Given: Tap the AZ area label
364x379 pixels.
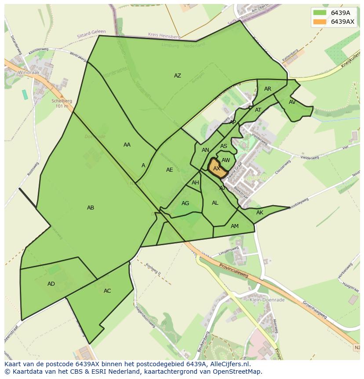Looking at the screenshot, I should [177, 76].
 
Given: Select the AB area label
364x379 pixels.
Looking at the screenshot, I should [91, 208].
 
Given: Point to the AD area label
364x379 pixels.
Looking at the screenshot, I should [51, 284].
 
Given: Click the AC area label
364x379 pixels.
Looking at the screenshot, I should [107, 291].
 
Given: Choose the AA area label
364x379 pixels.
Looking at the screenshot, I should [127, 145].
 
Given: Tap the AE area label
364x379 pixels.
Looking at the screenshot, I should [170, 170].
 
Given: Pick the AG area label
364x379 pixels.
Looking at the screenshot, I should [185, 203].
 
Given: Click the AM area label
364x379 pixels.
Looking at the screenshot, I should [235, 226].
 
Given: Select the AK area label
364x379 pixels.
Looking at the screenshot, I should [260, 213].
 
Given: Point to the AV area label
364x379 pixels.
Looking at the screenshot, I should [292, 102].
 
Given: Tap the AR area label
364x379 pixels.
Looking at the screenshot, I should [268, 89].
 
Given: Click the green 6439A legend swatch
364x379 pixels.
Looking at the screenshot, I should [320, 13].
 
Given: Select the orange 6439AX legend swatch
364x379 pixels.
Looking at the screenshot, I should [320, 22].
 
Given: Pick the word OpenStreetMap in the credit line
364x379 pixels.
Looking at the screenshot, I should [238, 372].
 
